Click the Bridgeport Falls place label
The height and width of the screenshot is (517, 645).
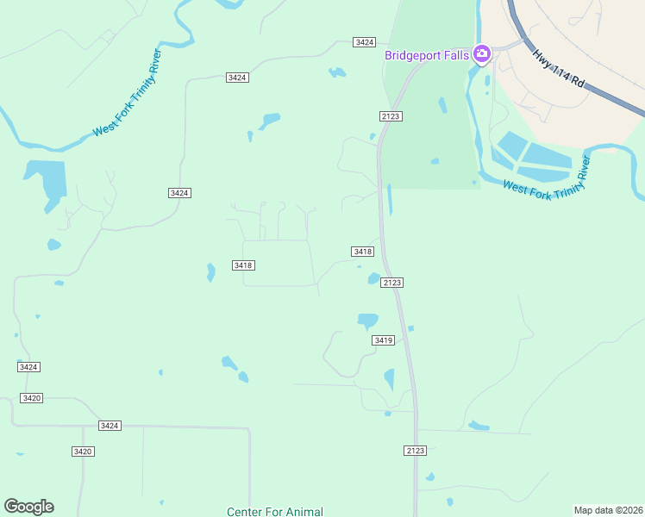coord(427,55)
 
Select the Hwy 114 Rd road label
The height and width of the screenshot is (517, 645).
coord(559,70)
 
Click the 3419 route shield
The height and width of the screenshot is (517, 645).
coord(384,340)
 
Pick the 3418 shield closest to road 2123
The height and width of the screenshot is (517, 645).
coord(362,252)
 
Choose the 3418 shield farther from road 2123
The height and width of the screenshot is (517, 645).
coord(243,265)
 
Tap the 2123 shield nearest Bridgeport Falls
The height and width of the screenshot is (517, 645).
coord(390,115)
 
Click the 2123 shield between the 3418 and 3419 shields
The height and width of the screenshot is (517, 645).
coord(392,283)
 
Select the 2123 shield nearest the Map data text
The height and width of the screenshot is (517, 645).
coord(415,451)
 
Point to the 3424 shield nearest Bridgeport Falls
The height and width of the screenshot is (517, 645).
coord(365,42)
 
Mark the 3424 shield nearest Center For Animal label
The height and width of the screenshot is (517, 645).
coord(110,426)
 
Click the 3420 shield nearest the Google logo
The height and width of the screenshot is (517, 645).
coord(83,452)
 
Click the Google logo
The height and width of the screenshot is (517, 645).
coord(29,507)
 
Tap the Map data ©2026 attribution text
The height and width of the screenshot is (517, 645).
coord(608,510)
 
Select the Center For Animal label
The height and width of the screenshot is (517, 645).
coord(275,512)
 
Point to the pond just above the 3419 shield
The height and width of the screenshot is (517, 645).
coord(368,321)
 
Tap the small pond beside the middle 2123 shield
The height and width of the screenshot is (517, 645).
coord(374,278)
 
